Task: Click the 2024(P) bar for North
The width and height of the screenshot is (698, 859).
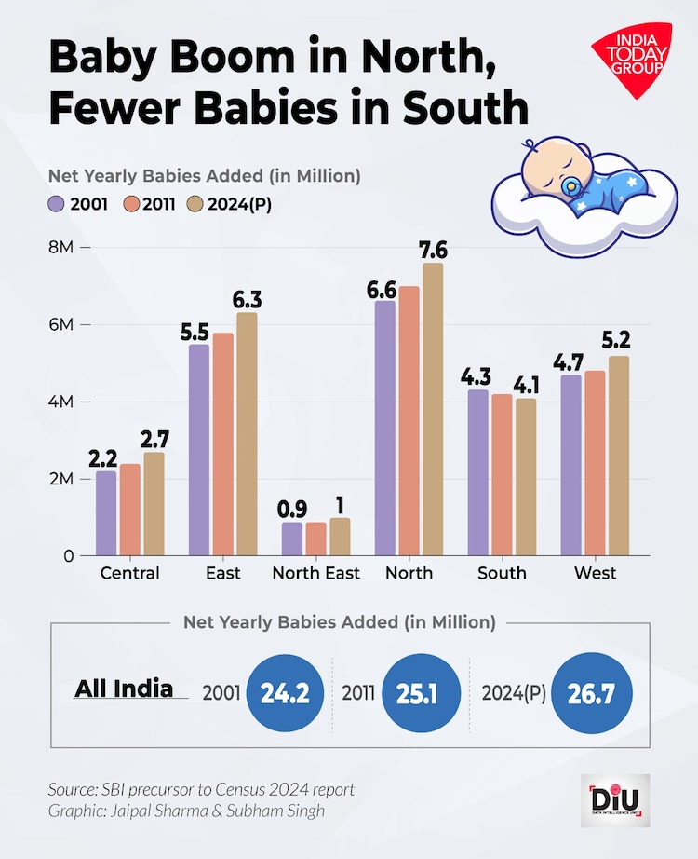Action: coord(432,410)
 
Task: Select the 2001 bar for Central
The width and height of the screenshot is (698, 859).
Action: coord(106,513)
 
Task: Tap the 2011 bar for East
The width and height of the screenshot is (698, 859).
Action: coord(222,444)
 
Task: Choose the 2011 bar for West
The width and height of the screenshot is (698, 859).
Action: coord(595,463)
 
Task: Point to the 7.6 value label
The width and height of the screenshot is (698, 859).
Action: coord(433,250)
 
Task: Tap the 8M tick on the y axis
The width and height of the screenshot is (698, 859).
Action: coord(61,248)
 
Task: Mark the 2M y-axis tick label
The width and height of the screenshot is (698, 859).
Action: coord(61,479)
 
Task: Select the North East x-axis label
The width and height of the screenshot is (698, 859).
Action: coord(315,573)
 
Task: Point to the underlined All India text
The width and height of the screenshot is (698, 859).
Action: coord(124,689)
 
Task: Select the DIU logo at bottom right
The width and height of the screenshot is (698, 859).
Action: coord(615,800)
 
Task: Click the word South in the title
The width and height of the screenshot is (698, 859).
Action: coord(465,109)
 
